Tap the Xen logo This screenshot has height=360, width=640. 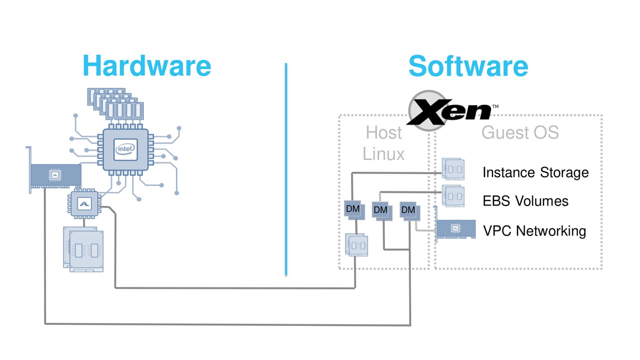452,111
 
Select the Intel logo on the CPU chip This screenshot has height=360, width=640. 125,149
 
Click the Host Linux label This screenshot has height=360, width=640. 383,143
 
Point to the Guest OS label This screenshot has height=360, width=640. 520,132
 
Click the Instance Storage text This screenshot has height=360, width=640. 535,172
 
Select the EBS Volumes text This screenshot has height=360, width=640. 525,201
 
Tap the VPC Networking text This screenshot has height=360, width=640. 534,231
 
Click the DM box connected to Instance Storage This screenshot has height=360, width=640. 354,210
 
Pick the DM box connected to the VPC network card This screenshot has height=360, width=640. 409,211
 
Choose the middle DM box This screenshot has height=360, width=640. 382,211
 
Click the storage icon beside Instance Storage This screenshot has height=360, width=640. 453,169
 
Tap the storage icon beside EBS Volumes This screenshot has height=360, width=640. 453,195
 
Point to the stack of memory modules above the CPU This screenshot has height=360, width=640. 115,104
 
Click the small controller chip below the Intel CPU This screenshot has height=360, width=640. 84,203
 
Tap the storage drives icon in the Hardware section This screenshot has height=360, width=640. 83,249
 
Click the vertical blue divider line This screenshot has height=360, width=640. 286,169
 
